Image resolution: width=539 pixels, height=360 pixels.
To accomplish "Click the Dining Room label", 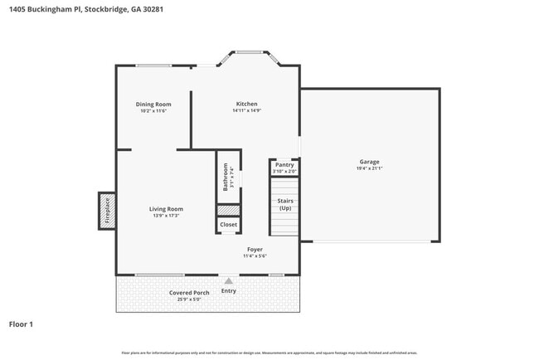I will coord(153,104).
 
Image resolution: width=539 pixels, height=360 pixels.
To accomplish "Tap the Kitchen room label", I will coord(246,104).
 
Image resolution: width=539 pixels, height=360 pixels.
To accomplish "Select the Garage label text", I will coord(369,162).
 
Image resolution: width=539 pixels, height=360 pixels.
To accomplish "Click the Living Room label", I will coord(166,208).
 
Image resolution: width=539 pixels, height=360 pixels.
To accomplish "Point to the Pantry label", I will coord(284,165).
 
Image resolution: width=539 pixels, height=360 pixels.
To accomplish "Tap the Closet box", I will coord(229,225).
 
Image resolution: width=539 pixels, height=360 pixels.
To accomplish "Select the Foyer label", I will coord(255,249).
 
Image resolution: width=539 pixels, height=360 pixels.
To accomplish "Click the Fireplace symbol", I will coord(106,210).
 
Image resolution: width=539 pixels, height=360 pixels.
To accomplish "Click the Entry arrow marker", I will coord(229,281).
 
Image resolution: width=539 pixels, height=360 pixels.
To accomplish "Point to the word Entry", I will coord(229,290).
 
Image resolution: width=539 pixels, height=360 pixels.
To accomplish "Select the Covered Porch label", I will coord(189,292).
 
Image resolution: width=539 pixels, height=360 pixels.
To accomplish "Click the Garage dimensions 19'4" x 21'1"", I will coord(369,169).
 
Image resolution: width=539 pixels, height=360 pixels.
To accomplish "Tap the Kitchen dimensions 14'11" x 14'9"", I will coord(246,111).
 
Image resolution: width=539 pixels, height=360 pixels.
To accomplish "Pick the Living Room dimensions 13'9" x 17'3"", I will coord(166,216).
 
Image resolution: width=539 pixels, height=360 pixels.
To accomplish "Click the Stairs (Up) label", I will coord(284,204).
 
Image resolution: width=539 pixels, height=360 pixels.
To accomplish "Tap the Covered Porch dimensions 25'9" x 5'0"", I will coord(189,299).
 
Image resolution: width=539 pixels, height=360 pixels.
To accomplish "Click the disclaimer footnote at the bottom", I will coord(269,353).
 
